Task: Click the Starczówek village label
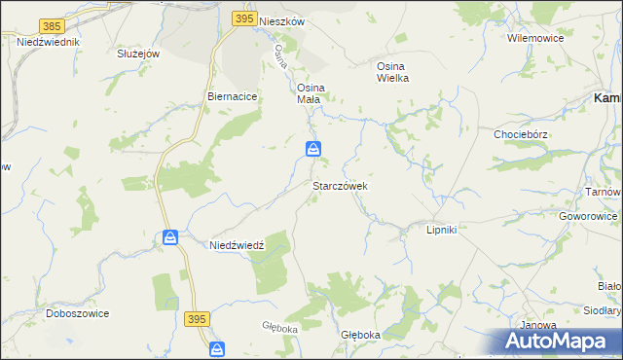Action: (340, 185)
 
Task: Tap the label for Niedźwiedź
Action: (238, 246)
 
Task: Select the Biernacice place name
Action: (232, 97)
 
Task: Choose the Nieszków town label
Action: (283, 19)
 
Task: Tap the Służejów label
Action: (137, 54)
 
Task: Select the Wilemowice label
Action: (531, 38)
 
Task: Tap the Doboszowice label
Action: (78, 314)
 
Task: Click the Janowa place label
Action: (538, 325)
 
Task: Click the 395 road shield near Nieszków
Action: (244, 18)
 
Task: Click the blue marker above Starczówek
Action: (313, 149)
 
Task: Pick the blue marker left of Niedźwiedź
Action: (170, 237)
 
